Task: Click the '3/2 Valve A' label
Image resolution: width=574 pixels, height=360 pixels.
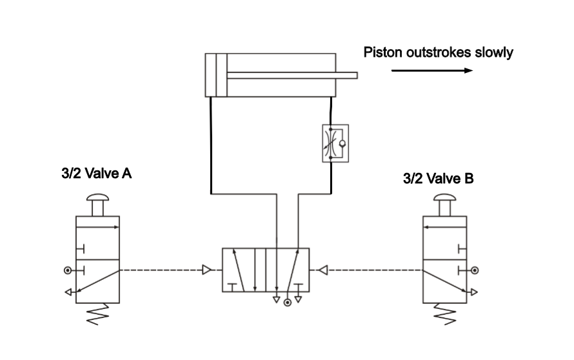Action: click(96, 173)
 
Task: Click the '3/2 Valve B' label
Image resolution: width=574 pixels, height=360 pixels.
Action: click(438, 179)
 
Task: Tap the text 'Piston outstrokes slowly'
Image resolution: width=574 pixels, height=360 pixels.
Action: click(438, 52)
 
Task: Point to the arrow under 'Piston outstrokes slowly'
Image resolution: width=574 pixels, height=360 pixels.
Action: click(432, 70)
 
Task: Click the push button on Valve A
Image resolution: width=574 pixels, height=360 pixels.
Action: click(98, 205)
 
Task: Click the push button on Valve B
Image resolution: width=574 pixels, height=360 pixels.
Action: click(445, 205)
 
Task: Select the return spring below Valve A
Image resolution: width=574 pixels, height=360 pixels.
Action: click(98, 314)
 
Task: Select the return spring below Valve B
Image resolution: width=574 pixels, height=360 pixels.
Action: click(445, 314)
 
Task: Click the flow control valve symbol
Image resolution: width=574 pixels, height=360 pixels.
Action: click(335, 143)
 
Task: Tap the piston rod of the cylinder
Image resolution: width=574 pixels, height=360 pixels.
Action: click(292, 75)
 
